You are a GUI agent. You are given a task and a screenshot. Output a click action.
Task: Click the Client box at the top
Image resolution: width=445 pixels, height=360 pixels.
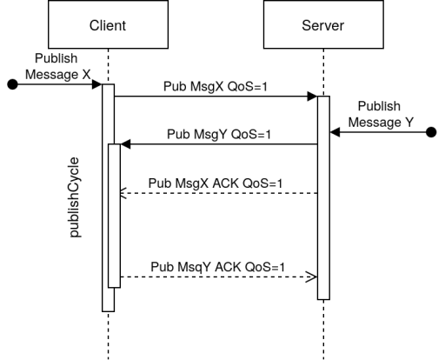click(108, 24)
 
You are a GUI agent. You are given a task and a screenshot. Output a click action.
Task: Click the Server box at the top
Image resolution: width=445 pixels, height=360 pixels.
click(323, 24)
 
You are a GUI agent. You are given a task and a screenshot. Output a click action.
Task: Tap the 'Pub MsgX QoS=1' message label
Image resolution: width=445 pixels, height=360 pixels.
click(216, 86)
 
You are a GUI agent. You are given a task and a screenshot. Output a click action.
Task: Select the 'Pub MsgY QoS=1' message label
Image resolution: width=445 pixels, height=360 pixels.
click(219, 134)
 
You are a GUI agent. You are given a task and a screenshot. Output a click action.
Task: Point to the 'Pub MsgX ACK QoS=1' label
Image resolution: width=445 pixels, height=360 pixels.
click(216, 183)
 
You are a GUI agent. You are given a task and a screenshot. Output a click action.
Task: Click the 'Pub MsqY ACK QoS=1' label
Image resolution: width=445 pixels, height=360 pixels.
click(217, 267)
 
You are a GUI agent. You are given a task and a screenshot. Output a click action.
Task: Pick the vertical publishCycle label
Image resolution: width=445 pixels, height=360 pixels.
click(75, 197)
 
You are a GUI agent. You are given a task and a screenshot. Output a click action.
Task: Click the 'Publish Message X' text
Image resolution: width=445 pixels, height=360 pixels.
click(57, 66)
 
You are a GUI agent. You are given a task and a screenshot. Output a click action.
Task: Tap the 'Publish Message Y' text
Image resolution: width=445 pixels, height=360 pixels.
click(381, 114)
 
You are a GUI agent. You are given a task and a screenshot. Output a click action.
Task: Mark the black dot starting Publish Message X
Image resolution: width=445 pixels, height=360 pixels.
click(12, 84)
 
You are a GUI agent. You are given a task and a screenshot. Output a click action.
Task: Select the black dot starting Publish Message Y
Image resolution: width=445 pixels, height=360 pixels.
click(432, 132)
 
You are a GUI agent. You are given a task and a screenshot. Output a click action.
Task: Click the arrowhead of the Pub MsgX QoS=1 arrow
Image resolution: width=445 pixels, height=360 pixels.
click(312, 97)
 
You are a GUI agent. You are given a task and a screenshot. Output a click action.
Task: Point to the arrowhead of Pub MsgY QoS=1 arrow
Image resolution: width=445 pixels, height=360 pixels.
click(125, 144)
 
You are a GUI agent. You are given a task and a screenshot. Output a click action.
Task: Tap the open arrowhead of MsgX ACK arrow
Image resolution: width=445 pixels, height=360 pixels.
click(123, 193)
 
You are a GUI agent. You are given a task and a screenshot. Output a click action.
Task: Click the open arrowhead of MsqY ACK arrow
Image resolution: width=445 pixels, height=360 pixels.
click(312, 277)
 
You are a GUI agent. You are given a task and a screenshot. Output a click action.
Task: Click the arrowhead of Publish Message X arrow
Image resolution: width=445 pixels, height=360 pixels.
click(96, 84)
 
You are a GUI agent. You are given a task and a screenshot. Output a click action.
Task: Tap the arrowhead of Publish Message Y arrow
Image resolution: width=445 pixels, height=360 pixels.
click(335, 132)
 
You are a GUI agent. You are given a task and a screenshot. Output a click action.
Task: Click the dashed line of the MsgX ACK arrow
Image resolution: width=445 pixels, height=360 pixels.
click(219, 193)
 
